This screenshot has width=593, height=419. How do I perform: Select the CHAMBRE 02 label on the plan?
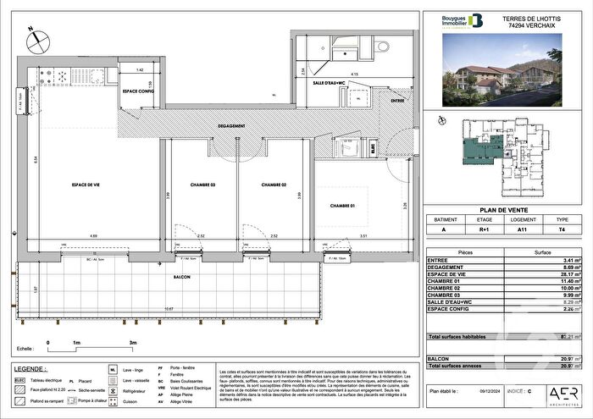click(x=274, y=184)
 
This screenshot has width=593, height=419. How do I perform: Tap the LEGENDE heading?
click(x=30, y=368)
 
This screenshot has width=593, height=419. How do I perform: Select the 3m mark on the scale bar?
click(x=132, y=343)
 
